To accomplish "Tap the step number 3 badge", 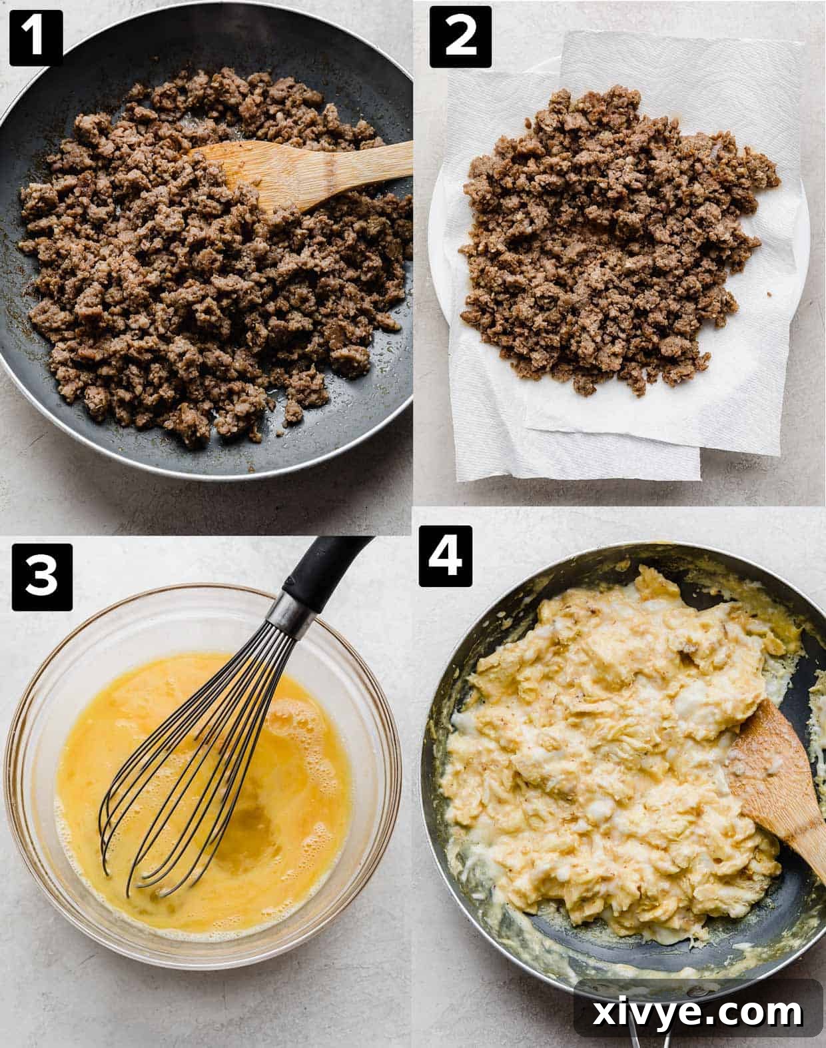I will coord(42,577).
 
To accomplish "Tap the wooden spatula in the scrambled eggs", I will coord(773,786).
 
